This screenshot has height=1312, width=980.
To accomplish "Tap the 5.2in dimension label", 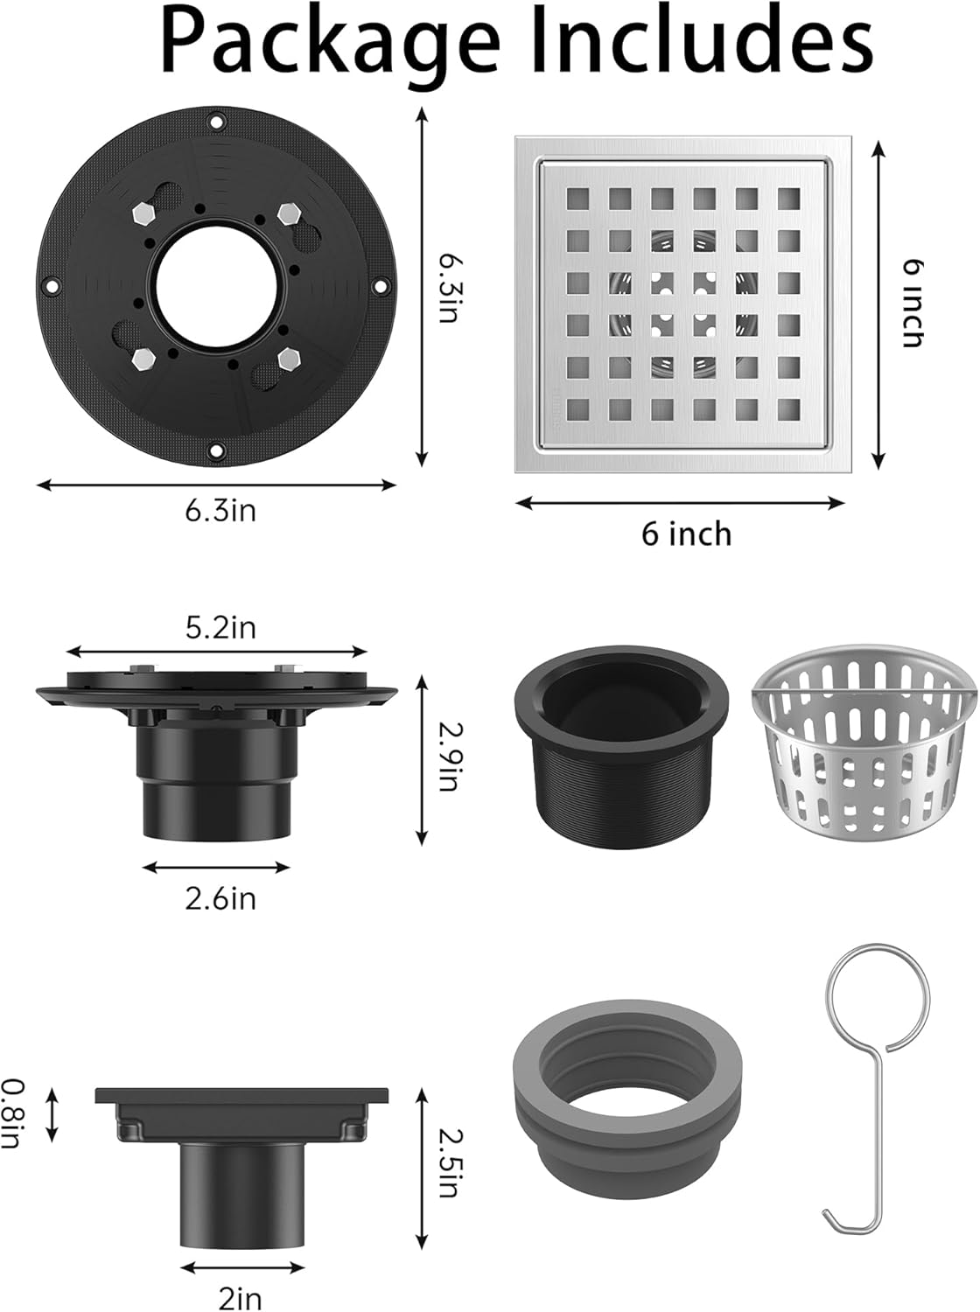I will coord(220,627).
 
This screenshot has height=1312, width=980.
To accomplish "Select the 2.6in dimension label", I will coord(220,898).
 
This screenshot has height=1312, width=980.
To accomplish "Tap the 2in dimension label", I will coord(240,1298).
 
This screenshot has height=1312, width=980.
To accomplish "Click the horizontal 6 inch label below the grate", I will coord(686,534).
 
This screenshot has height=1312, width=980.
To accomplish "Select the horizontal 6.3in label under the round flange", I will coord(220,510).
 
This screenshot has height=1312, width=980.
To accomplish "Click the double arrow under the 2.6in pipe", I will coord(215,867).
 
